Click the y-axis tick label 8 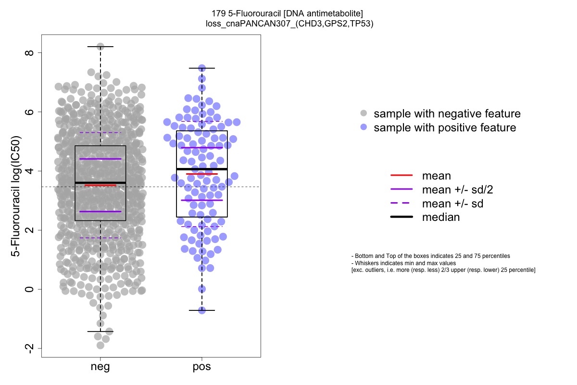coord(30,52)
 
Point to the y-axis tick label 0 coord(30,289)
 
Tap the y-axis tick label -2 coord(30,349)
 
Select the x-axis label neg coord(100,367)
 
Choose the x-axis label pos coord(202,367)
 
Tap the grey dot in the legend coord(364,114)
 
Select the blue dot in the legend coord(364,128)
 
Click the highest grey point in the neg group coord(100,47)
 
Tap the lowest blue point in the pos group coord(202,310)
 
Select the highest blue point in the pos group coord(202,68)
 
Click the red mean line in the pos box coord(202,174)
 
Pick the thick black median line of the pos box coord(202,169)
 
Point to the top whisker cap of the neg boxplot coord(100,47)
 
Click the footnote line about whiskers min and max coord(403,263)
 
